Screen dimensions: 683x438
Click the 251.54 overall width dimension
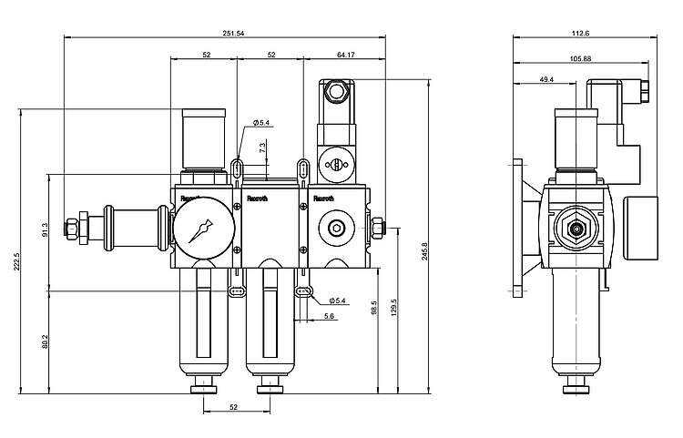pos(233,33)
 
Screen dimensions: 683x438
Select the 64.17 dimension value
pos(346,55)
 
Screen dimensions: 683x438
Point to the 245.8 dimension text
pos(424,250)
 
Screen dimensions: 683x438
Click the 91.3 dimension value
pos(45,230)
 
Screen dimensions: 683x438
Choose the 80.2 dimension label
pos(45,341)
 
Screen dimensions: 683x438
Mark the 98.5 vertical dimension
pos(374,308)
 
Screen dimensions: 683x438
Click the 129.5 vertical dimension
pos(394,307)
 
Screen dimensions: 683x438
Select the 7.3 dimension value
pos(262,148)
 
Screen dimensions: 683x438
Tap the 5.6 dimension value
pos(330,317)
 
